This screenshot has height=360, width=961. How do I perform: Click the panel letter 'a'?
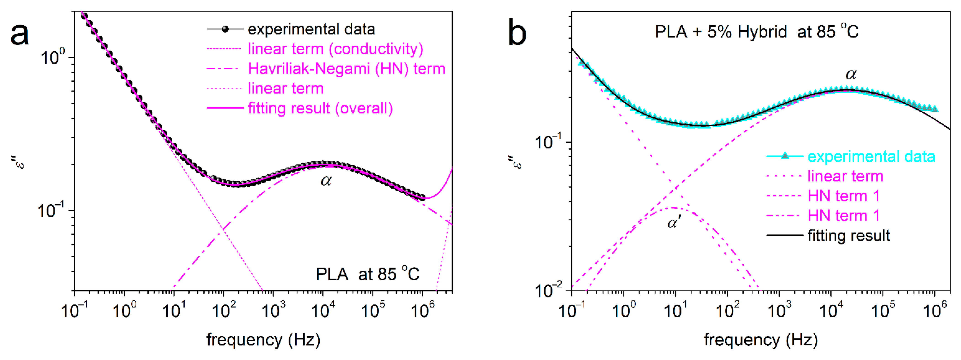(x=19, y=34)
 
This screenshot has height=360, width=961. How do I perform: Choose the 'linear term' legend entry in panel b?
(x=845, y=176)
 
